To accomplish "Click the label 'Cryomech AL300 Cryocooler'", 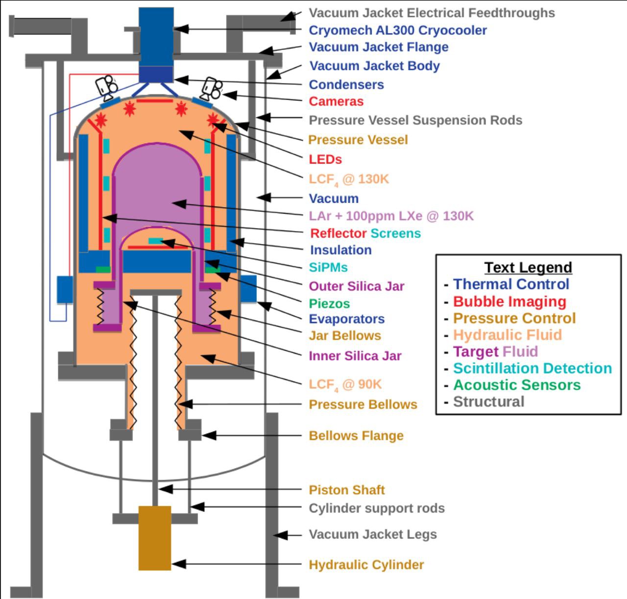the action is tap(398, 30).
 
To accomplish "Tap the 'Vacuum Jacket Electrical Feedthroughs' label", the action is tap(432, 13).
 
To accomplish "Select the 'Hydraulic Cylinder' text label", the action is tap(366, 565).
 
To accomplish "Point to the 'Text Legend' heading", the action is tap(528, 267).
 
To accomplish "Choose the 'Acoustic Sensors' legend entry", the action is tap(517, 385).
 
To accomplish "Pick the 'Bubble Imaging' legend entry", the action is tap(510, 301).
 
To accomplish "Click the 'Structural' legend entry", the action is tap(489, 401).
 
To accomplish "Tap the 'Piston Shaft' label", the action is tap(347, 490).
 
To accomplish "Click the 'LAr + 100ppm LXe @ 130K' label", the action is tap(391, 216).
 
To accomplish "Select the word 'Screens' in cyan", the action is tap(396, 233).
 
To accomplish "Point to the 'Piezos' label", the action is tap(329, 303).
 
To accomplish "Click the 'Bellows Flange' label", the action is tap(356, 436).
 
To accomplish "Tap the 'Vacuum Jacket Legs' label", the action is tap(373, 534).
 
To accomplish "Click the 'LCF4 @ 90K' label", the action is tap(345, 384).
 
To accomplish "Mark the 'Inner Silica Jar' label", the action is tap(355, 356).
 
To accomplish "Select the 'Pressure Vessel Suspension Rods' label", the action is tap(415, 120).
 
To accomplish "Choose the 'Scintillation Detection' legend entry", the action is tap(532, 368).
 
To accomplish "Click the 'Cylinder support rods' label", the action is tap(377, 508).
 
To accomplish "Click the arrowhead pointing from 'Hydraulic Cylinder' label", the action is tap(178, 564).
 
